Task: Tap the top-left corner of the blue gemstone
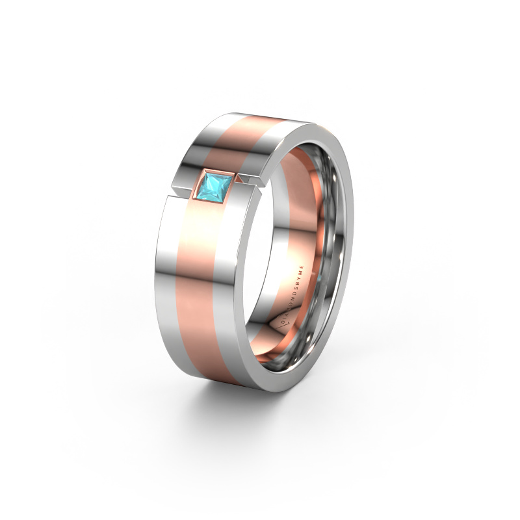205,174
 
